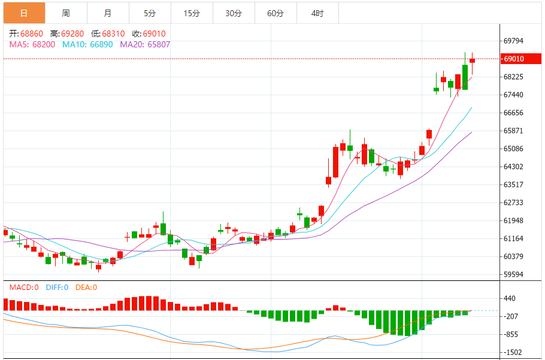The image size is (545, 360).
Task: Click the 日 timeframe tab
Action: [x=24, y=13]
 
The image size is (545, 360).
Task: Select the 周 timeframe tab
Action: [x=65, y=13]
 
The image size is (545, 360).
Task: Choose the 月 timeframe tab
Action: [x=107, y=13]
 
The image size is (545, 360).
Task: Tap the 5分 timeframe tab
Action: [x=150, y=13]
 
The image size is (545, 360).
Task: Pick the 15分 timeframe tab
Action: [x=192, y=13]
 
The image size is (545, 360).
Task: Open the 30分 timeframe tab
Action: [x=234, y=13]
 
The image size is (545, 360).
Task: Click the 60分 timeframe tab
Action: [x=275, y=13]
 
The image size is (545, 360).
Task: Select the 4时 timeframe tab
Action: [x=317, y=13]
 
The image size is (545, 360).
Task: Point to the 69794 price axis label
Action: [x=514, y=41]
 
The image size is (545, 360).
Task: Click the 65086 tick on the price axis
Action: [x=514, y=149]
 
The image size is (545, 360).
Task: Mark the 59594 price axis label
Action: [x=514, y=275]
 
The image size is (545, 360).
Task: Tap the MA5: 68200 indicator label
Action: [x=32, y=44]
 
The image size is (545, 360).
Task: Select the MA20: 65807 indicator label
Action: [x=145, y=44]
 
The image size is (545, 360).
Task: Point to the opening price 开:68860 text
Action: [x=26, y=34]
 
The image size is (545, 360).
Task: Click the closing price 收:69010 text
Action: [x=149, y=34]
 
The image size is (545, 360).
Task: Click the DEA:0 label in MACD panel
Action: [x=86, y=288]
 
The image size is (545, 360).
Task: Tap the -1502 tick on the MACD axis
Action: [x=513, y=353]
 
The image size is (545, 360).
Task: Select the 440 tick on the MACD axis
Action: [x=510, y=298]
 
